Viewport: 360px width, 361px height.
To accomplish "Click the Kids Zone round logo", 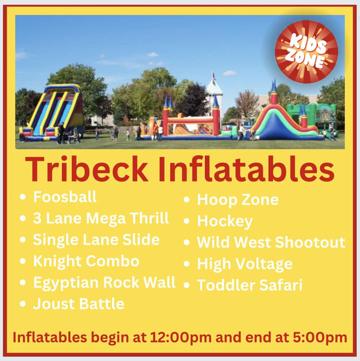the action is click(x=306, y=52).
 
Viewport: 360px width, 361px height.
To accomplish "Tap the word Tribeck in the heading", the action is click(x=87, y=169).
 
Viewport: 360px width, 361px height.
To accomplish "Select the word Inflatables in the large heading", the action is click(x=246, y=169).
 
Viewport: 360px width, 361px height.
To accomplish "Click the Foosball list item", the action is click(x=65, y=197).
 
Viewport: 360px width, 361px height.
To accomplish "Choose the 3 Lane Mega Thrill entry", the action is click(x=101, y=218).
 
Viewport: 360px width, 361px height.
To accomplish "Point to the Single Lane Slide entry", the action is click(x=96, y=240).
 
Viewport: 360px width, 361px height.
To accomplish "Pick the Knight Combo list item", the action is click(x=86, y=261).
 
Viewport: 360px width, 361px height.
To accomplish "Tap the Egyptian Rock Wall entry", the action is click(x=104, y=282).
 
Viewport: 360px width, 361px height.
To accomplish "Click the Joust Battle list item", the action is click(x=79, y=304).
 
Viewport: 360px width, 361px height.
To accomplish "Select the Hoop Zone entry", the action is click(x=238, y=199).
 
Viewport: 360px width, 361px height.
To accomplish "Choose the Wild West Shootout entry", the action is click(x=271, y=242).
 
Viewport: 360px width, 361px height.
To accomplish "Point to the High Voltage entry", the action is click(x=245, y=264).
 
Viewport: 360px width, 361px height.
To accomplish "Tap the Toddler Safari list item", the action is click(x=250, y=285).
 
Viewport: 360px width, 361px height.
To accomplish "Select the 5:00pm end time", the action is click(x=320, y=338).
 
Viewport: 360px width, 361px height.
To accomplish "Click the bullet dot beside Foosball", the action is click(x=22, y=197).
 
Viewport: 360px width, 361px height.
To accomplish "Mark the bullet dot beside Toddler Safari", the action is click(x=187, y=285).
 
